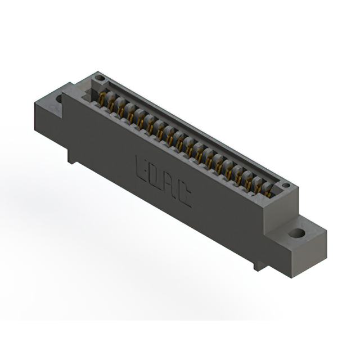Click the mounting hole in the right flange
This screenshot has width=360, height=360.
click(297, 233)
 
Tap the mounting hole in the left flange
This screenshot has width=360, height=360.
click(60, 98)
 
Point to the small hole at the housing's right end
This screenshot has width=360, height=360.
click(285, 185)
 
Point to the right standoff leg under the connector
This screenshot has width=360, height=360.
click(258, 264)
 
